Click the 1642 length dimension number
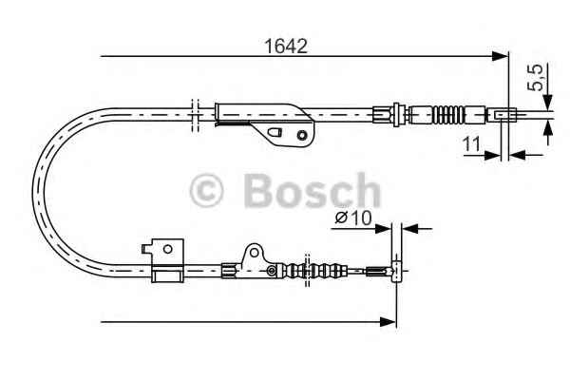pos(286,47)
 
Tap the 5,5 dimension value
pos(535,78)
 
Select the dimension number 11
pos(471,144)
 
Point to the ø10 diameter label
pos(353,218)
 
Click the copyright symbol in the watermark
pos(206,191)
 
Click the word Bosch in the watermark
pos(313,191)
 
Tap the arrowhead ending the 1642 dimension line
pos(500,56)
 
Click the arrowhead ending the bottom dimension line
pos(388,322)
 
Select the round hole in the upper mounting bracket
pos(301,135)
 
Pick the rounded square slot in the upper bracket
pos(275,132)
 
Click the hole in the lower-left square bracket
pos(167,249)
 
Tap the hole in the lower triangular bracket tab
pos(255,253)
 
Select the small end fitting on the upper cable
pos(505,114)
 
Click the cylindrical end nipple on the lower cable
pos(396,271)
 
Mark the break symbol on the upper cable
pos(195,115)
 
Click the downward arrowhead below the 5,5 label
pos(548,102)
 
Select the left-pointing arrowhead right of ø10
pos(409,229)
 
